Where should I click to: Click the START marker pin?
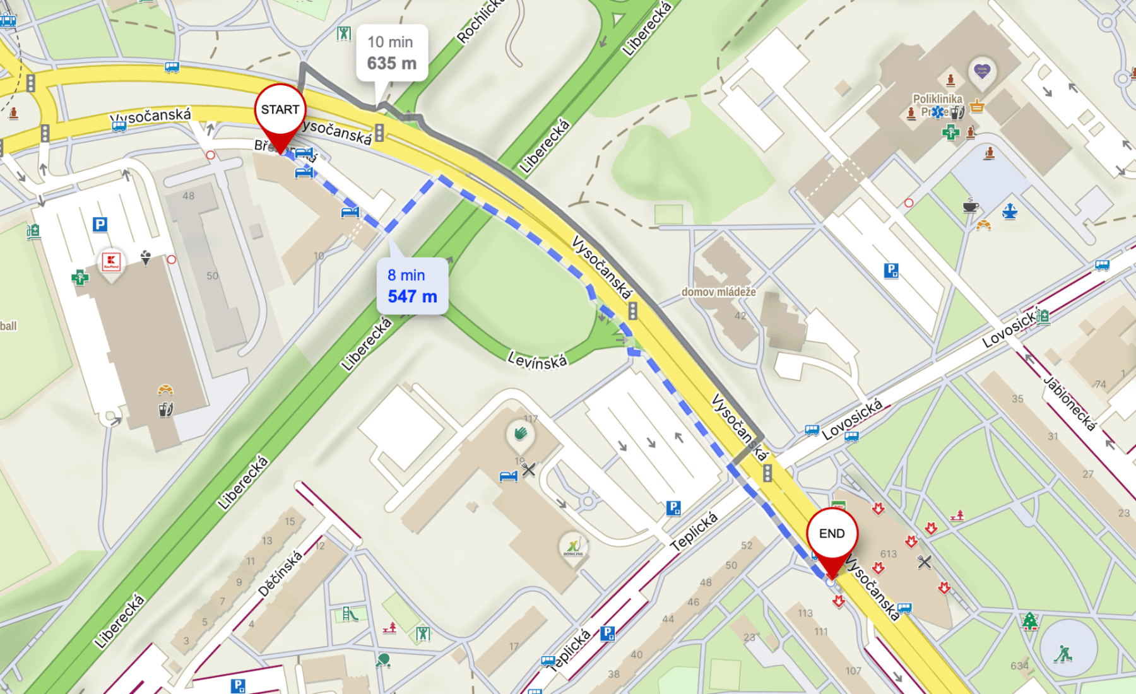(x=280, y=111)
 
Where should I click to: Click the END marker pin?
(x=832, y=535)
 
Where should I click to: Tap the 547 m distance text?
(x=412, y=297)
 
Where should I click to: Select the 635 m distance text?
(x=391, y=64)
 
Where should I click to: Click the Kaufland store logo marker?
(x=112, y=261)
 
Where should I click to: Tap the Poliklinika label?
(x=937, y=99)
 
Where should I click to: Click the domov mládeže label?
(x=718, y=291)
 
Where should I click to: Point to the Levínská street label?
(x=537, y=361)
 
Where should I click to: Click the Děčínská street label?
(x=280, y=574)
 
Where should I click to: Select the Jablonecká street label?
(x=1070, y=404)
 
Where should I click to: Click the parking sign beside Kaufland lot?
(x=100, y=225)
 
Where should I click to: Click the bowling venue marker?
(x=573, y=546)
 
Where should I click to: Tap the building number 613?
(x=889, y=554)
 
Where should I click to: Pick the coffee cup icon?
(x=970, y=206)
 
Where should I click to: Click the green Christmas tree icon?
(x=1030, y=621)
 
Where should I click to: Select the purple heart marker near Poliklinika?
(x=982, y=71)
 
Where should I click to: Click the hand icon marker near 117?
(x=520, y=433)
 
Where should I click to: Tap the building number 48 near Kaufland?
(x=189, y=196)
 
